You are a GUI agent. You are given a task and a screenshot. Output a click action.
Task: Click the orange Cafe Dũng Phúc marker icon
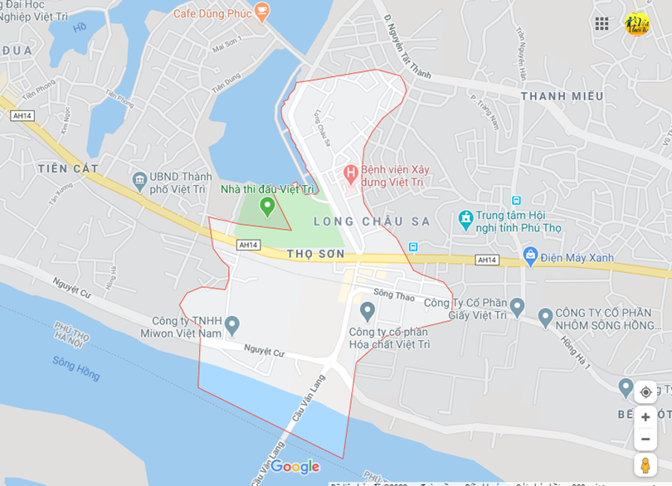(x=262, y=12)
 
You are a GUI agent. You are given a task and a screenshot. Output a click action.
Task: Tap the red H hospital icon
(x=350, y=174)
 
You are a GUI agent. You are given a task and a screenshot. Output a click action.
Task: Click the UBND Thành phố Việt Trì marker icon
(x=139, y=180)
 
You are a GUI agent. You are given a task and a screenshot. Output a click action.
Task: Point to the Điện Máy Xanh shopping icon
(x=530, y=255)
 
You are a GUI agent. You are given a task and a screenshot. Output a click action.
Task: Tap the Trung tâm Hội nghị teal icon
(x=465, y=220)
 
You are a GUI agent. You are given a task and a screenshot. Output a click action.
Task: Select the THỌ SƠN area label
(x=315, y=254)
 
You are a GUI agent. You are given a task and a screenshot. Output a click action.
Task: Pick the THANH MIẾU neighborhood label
(x=562, y=96)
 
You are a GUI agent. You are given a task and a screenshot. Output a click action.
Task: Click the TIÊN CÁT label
(x=63, y=168)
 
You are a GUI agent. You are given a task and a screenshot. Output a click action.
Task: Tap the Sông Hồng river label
(x=75, y=368)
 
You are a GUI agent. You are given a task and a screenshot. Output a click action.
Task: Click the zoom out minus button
(x=645, y=439)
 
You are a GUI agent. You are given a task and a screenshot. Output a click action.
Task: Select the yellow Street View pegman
(x=645, y=465)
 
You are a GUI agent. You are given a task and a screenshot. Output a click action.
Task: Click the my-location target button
(x=645, y=392)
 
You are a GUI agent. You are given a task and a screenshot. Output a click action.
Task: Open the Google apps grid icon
(x=601, y=24)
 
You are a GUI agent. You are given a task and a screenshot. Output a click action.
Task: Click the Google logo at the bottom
(x=295, y=467)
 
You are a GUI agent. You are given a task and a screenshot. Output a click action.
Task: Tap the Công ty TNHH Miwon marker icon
(x=232, y=324)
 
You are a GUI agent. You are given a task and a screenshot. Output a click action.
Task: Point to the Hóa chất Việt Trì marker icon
(x=368, y=312)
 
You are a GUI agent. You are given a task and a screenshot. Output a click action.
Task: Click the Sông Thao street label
(x=393, y=295)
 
